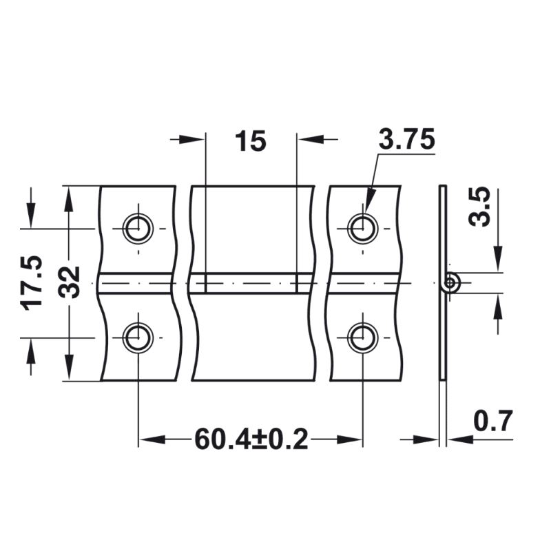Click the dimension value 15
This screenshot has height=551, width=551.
251,141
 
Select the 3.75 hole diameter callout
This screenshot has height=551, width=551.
406,139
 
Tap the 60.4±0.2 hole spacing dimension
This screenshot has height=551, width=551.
251,439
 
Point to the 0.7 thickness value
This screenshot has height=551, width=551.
493,421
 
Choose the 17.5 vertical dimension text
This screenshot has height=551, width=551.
32,283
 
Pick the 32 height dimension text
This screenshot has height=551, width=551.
69,282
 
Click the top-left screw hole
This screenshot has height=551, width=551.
138,229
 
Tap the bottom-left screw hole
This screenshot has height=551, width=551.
138,337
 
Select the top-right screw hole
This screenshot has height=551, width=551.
363,229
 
